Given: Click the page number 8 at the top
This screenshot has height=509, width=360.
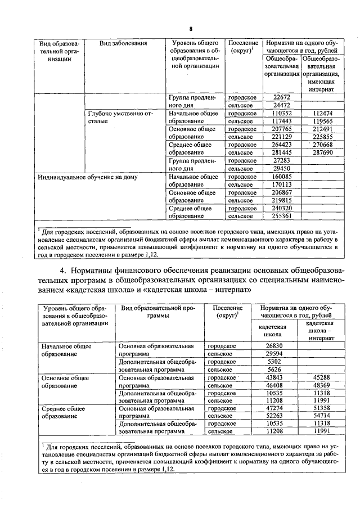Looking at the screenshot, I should [x=191, y=29].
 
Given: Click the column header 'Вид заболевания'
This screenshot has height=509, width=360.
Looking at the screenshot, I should [x=124, y=43].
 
